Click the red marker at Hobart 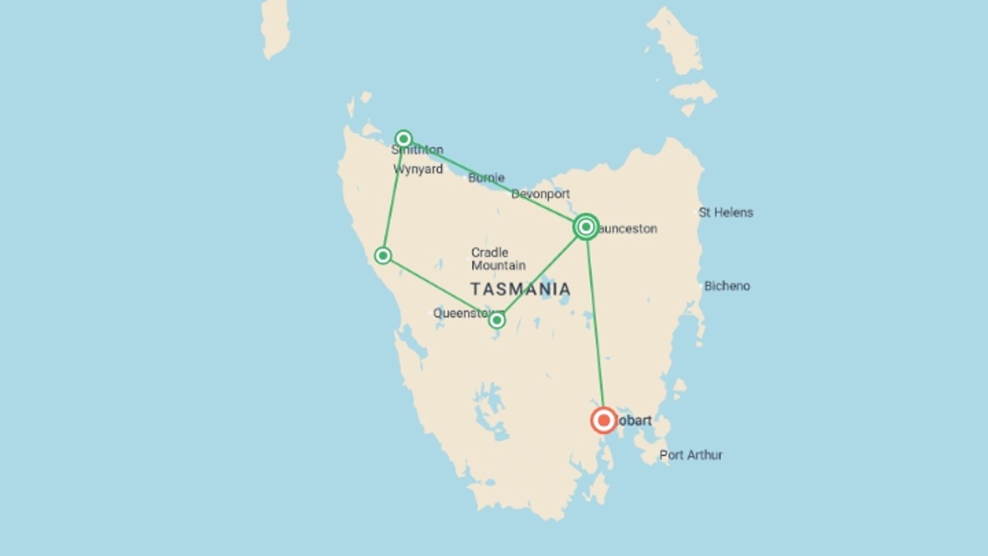(x=604, y=421)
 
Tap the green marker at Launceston (x=586, y=227)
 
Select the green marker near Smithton (x=403, y=138)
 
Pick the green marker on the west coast (x=383, y=255)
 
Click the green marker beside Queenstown (x=497, y=321)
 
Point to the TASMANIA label (x=520, y=289)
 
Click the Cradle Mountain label (x=498, y=259)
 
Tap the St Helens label (x=726, y=213)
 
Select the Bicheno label (x=727, y=286)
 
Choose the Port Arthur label (x=691, y=455)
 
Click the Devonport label (x=540, y=194)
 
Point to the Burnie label (x=486, y=178)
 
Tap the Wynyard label (x=418, y=169)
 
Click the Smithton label (x=418, y=150)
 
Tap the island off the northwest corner (x=275, y=28)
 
